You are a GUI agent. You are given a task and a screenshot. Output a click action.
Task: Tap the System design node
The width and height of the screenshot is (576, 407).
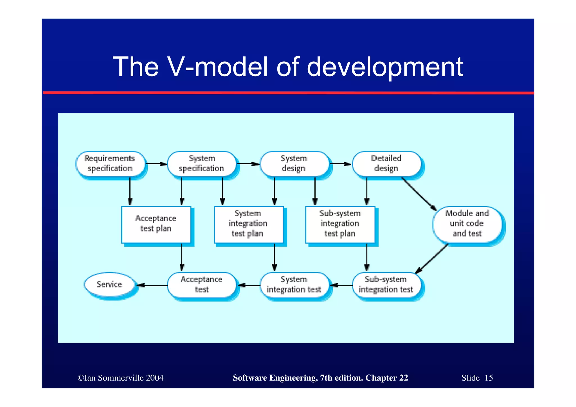click(294, 164)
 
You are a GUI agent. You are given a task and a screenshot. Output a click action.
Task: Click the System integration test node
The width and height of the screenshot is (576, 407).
click(294, 285)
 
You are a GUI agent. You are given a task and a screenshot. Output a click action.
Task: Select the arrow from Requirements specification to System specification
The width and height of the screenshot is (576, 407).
click(156, 164)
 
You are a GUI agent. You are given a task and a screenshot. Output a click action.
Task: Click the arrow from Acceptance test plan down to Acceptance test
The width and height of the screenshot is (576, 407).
click(182, 257)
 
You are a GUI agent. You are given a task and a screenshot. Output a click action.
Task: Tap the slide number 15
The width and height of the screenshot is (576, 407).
click(489, 378)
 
